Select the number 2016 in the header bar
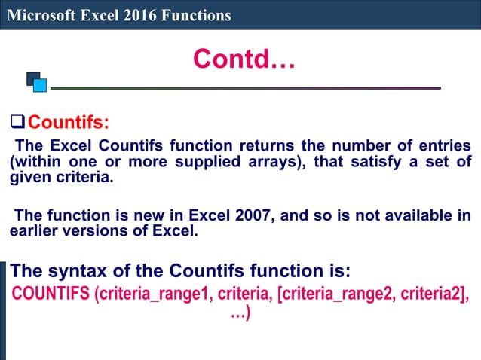click(x=137, y=15)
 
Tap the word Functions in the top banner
click(x=194, y=15)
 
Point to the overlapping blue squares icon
click(x=36, y=81)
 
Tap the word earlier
click(x=34, y=231)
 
